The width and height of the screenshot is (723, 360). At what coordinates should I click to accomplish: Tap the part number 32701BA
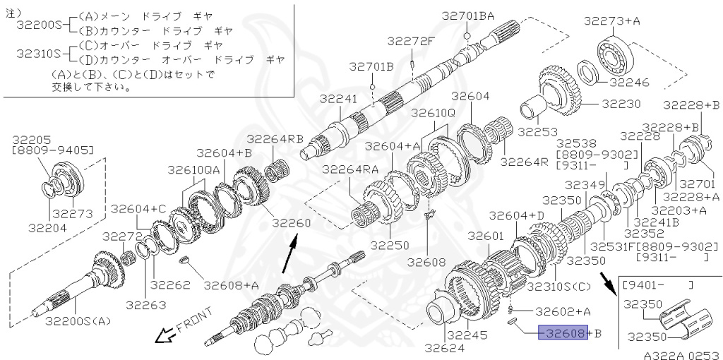[x=468, y=16]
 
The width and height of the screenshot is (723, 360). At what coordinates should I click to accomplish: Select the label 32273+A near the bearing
[x=613, y=20]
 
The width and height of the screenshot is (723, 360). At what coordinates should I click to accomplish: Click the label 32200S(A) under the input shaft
[x=78, y=320]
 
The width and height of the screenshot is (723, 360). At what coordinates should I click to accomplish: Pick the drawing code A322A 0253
[x=683, y=355]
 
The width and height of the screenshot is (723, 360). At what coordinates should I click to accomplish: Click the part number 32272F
[x=411, y=42]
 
